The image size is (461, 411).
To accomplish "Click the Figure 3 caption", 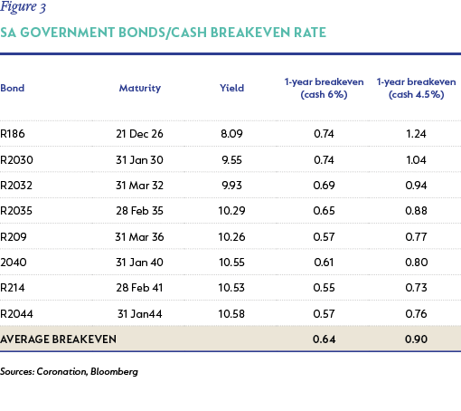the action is (x=23, y=6).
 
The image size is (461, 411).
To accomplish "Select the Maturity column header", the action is (x=140, y=88).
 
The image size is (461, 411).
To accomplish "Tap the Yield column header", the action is (x=231, y=88).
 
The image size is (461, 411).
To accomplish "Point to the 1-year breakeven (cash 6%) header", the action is (x=324, y=88).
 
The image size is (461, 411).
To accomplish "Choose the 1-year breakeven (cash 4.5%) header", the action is (x=416, y=88).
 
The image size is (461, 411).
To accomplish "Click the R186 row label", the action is (x=13, y=134).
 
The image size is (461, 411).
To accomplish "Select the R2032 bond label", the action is (x=16, y=185).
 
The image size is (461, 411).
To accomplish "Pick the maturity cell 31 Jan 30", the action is (x=139, y=159).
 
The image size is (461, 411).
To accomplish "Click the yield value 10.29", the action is (x=231, y=211).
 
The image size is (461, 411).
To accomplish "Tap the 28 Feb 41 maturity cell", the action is (x=139, y=288).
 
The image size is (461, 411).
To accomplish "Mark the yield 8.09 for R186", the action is (x=231, y=134).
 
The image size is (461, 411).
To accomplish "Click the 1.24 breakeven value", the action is (x=416, y=134).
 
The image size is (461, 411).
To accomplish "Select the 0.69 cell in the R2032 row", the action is (x=324, y=185).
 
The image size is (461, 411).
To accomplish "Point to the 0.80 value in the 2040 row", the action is (x=417, y=263).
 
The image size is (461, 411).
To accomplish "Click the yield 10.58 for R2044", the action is (x=231, y=314).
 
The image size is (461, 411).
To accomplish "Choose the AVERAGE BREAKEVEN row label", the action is (x=58, y=339).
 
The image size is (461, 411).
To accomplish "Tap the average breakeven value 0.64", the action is (x=324, y=339).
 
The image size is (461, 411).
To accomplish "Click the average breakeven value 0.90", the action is (x=416, y=339).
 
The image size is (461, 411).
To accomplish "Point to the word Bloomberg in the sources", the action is (x=114, y=371).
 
